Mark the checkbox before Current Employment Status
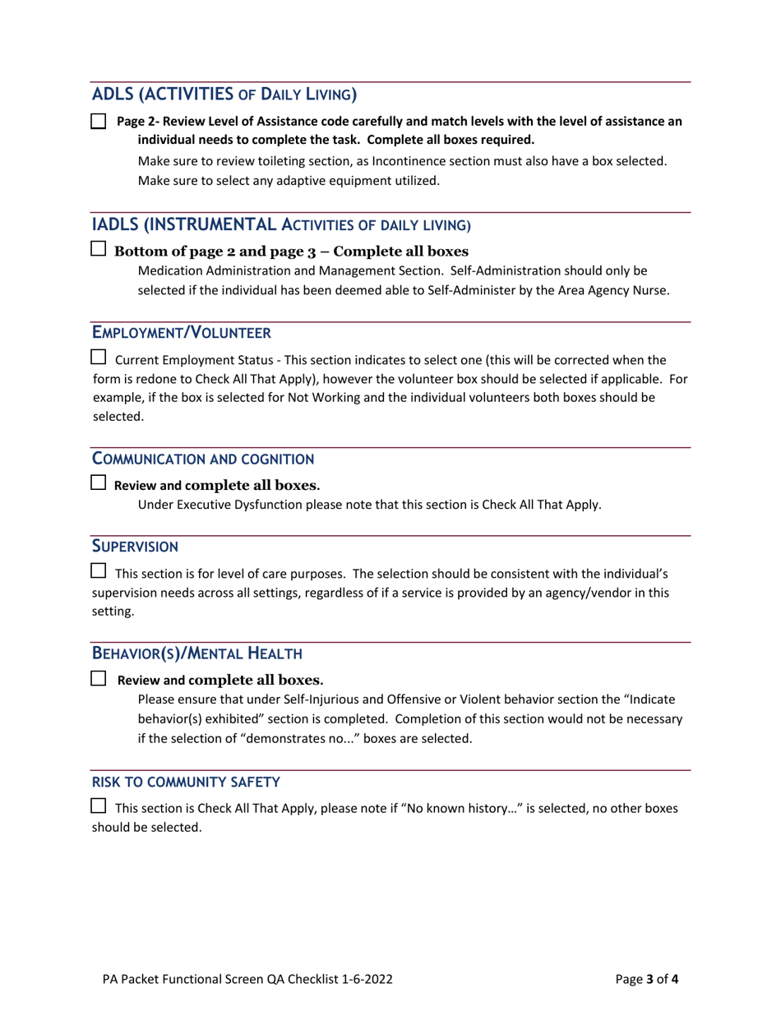coord(98,358)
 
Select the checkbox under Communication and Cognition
coord(98,485)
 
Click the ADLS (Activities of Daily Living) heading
coord(224,94)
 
